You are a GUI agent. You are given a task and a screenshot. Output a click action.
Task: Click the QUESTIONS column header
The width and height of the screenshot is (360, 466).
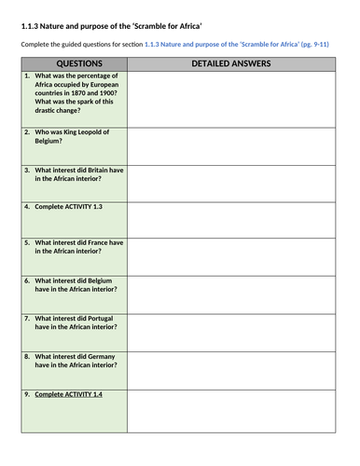click(x=73, y=63)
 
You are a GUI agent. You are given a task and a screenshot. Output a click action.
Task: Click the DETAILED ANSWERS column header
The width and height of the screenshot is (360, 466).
click(x=230, y=63)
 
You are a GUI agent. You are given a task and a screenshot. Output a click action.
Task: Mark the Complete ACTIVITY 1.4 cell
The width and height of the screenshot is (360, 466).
click(x=68, y=394)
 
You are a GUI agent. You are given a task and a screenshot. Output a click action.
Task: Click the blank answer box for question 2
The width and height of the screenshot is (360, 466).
click(x=230, y=144)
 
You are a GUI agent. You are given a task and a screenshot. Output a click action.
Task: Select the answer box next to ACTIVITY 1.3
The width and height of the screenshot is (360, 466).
click(x=230, y=219)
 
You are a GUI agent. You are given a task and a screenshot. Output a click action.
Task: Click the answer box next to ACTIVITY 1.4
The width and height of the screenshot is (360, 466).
click(x=230, y=415)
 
